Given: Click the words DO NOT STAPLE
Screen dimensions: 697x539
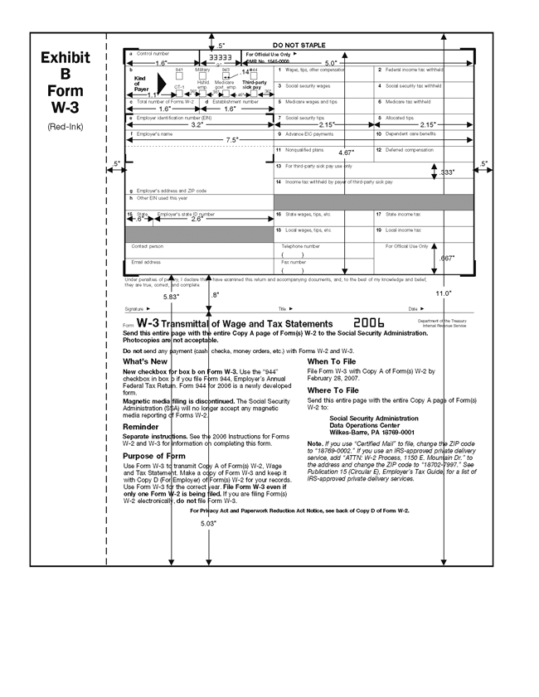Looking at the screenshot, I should click(x=299, y=46).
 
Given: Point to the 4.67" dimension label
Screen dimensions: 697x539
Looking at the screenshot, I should click(x=347, y=153).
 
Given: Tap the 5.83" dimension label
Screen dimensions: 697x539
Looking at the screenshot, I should click(x=171, y=296).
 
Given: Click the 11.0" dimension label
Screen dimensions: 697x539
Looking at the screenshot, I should click(x=443, y=293).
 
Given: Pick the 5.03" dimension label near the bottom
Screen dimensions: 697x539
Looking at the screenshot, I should click(x=208, y=524).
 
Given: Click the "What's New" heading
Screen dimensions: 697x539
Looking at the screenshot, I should click(x=145, y=361).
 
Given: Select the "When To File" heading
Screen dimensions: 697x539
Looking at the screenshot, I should click(x=333, y=361).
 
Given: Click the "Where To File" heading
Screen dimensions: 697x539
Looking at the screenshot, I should click(x=334, y=390).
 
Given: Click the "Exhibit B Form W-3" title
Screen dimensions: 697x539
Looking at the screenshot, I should click(x=65, y=83).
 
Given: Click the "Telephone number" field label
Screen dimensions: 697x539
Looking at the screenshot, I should click(x=300, y=246).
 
